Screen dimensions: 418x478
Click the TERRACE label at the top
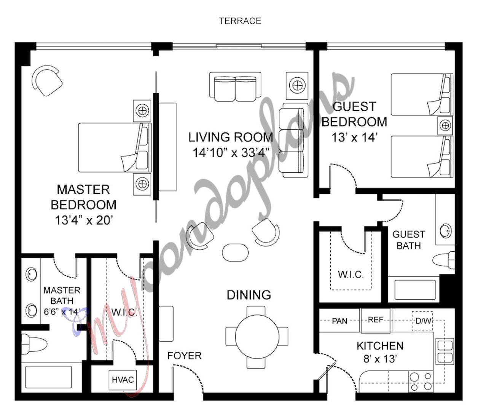click(240, 21)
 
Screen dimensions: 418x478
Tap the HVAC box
click(123, 380)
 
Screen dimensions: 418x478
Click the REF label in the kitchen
click(375, 320)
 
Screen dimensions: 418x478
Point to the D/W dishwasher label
click(423, 321)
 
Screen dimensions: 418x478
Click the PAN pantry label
click(339, 321)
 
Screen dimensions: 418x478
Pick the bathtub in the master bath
click(48, 377)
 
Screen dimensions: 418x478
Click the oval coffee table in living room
click(235, 252)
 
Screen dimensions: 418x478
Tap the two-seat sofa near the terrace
click(235, 87)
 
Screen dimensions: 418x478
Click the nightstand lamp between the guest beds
click(445, 125)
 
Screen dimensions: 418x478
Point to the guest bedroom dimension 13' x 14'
click(354, 137)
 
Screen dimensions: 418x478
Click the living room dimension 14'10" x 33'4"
click(231, 153)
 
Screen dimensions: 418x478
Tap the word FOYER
click(184, 356)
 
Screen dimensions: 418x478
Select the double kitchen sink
click(445, 351)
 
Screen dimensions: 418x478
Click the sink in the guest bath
click(445, 231)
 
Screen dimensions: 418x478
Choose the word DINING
click(249, 295)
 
